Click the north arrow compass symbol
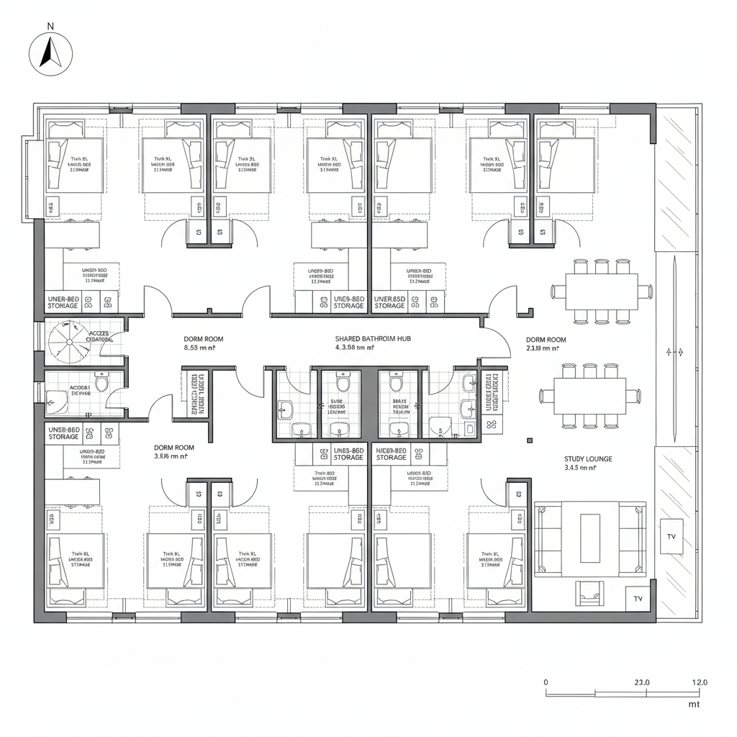click(50, 53)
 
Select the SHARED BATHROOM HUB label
click(372, 338)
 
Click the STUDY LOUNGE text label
click(589, 458)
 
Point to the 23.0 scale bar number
click(642, 682)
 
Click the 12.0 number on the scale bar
click(699, 682)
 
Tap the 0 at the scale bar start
click(546, 682)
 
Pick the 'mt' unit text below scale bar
click(694, 705)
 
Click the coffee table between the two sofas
click(590, 536)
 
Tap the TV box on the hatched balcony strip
click(672, 537)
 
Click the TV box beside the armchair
click(638, 598)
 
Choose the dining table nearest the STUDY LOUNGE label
click(590, 394)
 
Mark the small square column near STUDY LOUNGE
click(528, 440)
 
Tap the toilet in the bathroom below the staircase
click(101, 383)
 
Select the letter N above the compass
click(50, 27)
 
